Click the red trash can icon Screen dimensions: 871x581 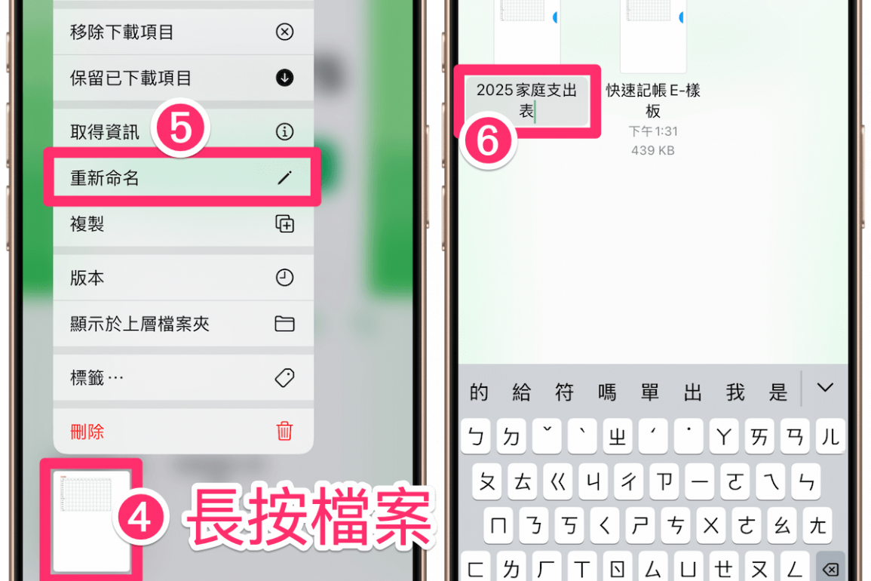284,431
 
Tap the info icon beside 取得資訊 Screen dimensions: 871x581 284,132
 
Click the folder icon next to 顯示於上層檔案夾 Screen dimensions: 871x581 284,324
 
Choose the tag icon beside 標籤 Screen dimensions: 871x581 284,377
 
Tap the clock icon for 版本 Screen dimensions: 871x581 284,278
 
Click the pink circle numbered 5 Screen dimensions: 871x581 180,128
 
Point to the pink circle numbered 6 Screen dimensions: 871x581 488,140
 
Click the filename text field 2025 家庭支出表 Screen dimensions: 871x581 526,100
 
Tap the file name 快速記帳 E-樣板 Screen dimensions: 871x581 653,100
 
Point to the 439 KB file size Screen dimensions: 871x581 653,150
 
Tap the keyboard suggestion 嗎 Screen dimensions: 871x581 606,392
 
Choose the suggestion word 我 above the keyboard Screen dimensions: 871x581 735,392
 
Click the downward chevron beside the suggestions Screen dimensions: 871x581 825,388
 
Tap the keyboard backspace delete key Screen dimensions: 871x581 830,568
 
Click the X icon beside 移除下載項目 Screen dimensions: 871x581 284,32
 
